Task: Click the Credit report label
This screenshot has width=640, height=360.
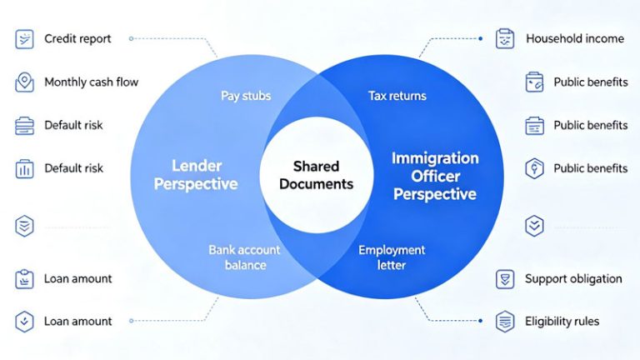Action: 77,39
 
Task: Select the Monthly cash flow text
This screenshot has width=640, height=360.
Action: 92,82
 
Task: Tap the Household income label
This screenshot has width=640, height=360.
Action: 575,39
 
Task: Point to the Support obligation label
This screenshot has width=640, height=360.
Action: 573,279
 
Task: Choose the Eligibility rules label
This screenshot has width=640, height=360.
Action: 562,322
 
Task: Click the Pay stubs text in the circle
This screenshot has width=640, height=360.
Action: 246,96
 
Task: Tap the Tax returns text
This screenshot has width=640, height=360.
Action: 397,96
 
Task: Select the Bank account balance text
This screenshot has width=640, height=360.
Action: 244,257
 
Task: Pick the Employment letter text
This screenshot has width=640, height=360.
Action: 392,257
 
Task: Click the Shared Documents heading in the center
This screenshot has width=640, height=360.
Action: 317,175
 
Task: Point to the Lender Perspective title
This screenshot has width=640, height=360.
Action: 196,175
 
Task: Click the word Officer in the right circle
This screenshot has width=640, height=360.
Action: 436,177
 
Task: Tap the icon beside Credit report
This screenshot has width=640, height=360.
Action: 24,39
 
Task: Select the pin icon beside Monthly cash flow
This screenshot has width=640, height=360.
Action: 24,82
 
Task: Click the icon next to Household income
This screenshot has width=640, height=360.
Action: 505,39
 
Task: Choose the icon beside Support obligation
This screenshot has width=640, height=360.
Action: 505,279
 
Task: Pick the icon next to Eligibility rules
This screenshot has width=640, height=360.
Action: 505,322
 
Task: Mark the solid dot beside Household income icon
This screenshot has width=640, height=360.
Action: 480,39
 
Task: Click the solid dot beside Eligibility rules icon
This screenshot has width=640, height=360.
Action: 480,321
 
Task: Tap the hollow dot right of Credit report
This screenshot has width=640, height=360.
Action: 131,39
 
